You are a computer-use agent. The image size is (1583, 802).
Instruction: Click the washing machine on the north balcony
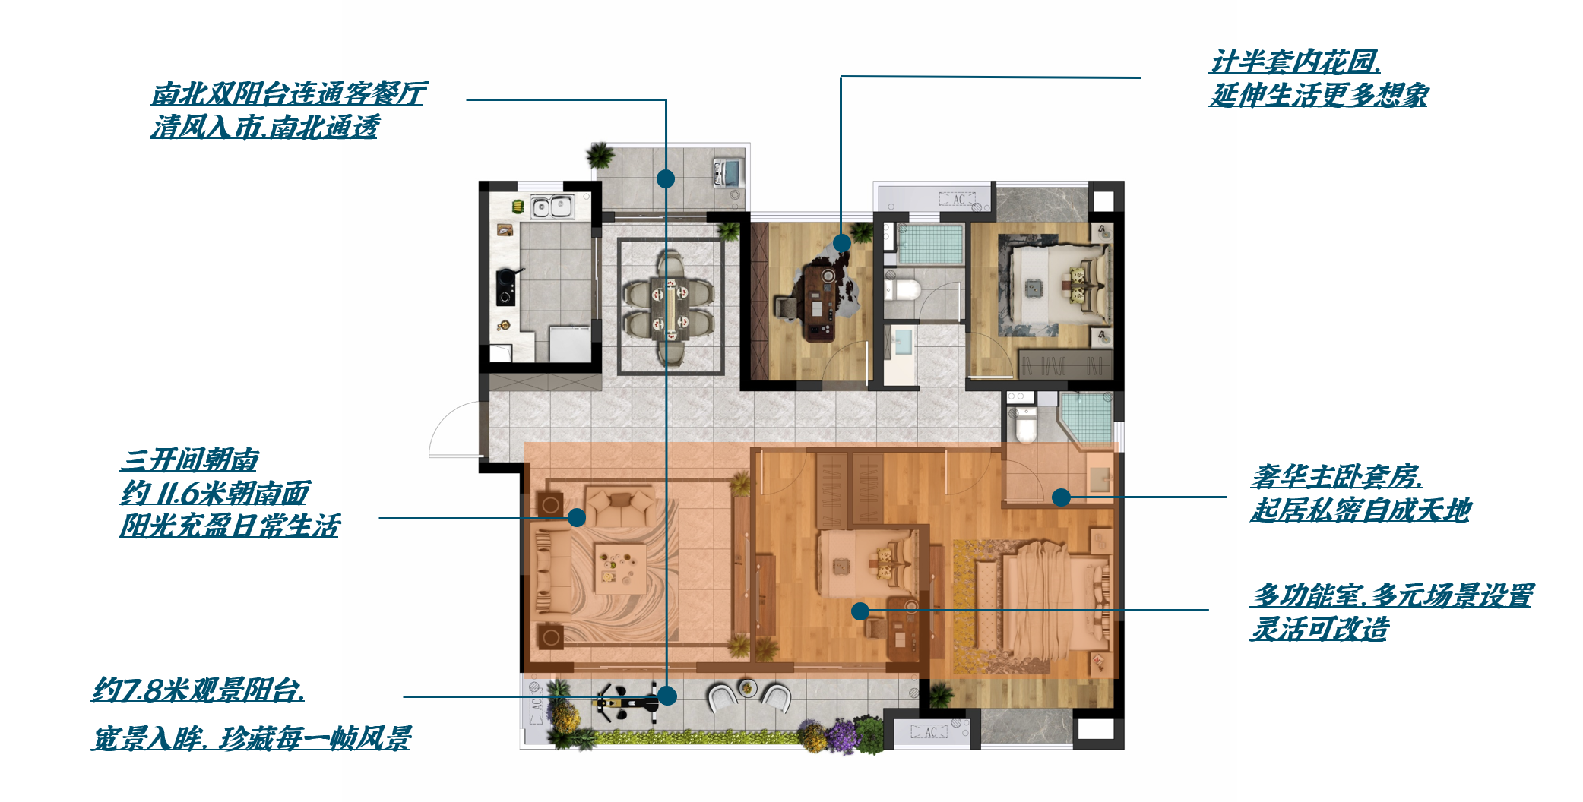point(727,172)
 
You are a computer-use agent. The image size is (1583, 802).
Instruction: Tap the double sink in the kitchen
point(551,206)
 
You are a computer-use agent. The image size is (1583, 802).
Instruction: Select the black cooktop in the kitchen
point(505,287)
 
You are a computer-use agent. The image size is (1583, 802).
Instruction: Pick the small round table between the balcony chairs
point(748,688)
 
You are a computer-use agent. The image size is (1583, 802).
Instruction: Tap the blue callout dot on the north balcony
point(666,178)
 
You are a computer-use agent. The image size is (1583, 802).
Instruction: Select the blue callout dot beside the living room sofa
point(577,517)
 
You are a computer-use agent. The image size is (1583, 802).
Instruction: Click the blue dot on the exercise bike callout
point(667,696)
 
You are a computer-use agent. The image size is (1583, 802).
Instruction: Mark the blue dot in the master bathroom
point(1061,497)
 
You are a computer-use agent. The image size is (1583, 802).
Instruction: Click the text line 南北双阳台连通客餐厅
point(289,94)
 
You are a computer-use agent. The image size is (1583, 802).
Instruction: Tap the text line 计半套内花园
point(1296,62)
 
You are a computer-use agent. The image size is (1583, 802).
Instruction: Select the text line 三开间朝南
point(190,459)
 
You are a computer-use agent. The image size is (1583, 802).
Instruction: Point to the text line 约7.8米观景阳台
point(198,690)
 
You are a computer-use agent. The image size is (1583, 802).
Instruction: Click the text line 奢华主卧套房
point(1337,476)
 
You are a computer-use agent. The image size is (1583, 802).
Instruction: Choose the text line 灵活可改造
point(1320,629)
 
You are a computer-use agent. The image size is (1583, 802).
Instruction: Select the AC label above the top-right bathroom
point(958,200)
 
